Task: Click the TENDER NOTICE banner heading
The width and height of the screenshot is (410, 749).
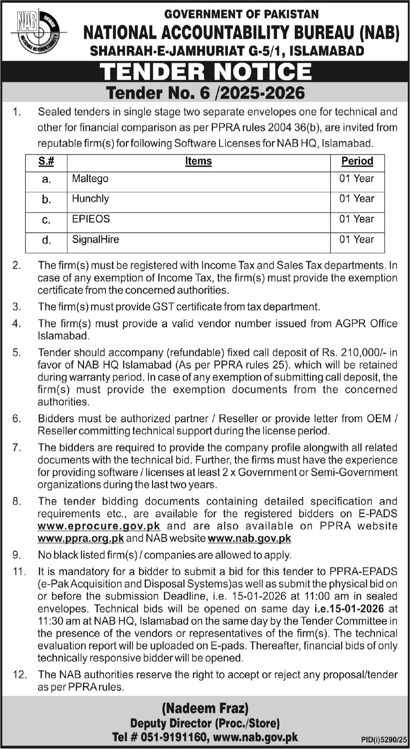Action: (205, 71)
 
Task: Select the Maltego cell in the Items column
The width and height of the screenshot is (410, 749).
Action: (90, 179)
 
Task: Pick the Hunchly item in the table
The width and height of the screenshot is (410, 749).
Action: (91, 199)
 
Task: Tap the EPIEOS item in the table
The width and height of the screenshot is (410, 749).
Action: (91, 219)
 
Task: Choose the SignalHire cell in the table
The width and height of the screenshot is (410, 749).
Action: (95, 240)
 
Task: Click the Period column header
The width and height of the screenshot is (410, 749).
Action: (357, 161)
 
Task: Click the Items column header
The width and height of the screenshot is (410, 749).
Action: (198, 161)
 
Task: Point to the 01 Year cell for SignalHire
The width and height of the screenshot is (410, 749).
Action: (357, 240)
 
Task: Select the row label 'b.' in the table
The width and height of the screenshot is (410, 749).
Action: (46, 200)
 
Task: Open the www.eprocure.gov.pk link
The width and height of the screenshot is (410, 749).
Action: (99, 526)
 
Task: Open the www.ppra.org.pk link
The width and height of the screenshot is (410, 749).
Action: (81, 538)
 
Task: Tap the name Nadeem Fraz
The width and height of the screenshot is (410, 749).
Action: (205, 708)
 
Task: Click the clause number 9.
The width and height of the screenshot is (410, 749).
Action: (17, 555)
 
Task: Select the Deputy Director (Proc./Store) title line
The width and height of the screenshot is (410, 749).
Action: (205, 723)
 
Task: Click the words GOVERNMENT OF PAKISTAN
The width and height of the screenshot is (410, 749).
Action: (242, 14)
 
